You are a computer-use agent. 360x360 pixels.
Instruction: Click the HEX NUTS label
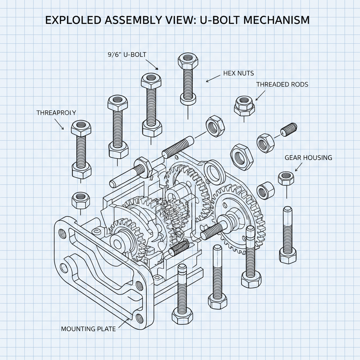[238, 73]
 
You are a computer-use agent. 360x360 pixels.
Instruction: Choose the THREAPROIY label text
[56, 112]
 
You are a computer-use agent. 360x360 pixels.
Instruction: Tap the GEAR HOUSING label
[308, 157]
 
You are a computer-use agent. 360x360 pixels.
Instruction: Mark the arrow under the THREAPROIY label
[59, 124]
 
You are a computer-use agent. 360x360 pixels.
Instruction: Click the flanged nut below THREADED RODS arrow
[244, 104]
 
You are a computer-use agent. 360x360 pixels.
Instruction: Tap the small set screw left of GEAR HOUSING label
[289, 130]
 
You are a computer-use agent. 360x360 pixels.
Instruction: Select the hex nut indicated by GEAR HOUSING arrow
[286, 178]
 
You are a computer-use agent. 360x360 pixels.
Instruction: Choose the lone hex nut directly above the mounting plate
[81, 200]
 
